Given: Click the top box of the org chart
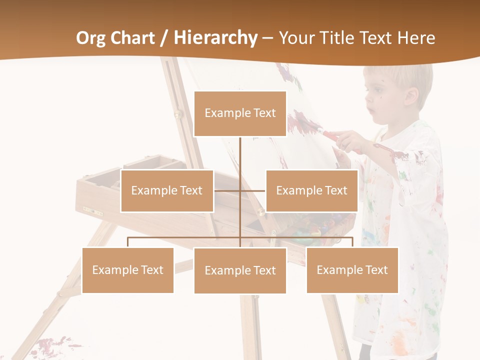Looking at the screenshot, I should point(240,113).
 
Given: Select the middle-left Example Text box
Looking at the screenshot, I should point(167,190).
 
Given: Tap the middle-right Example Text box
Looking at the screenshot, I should point(311,190).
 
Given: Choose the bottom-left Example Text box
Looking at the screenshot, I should point(128,270).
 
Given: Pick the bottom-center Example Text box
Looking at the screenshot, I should point(240,270).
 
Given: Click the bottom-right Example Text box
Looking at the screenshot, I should point(352,270).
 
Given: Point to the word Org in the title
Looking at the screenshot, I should point(91,38).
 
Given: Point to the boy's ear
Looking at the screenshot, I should point(411,95).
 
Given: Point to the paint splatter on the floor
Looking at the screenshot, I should point(55,345).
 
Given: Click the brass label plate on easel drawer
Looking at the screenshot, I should point(92,210).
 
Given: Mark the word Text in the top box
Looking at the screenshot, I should point(264,113).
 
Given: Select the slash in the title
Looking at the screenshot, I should point(163,38).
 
